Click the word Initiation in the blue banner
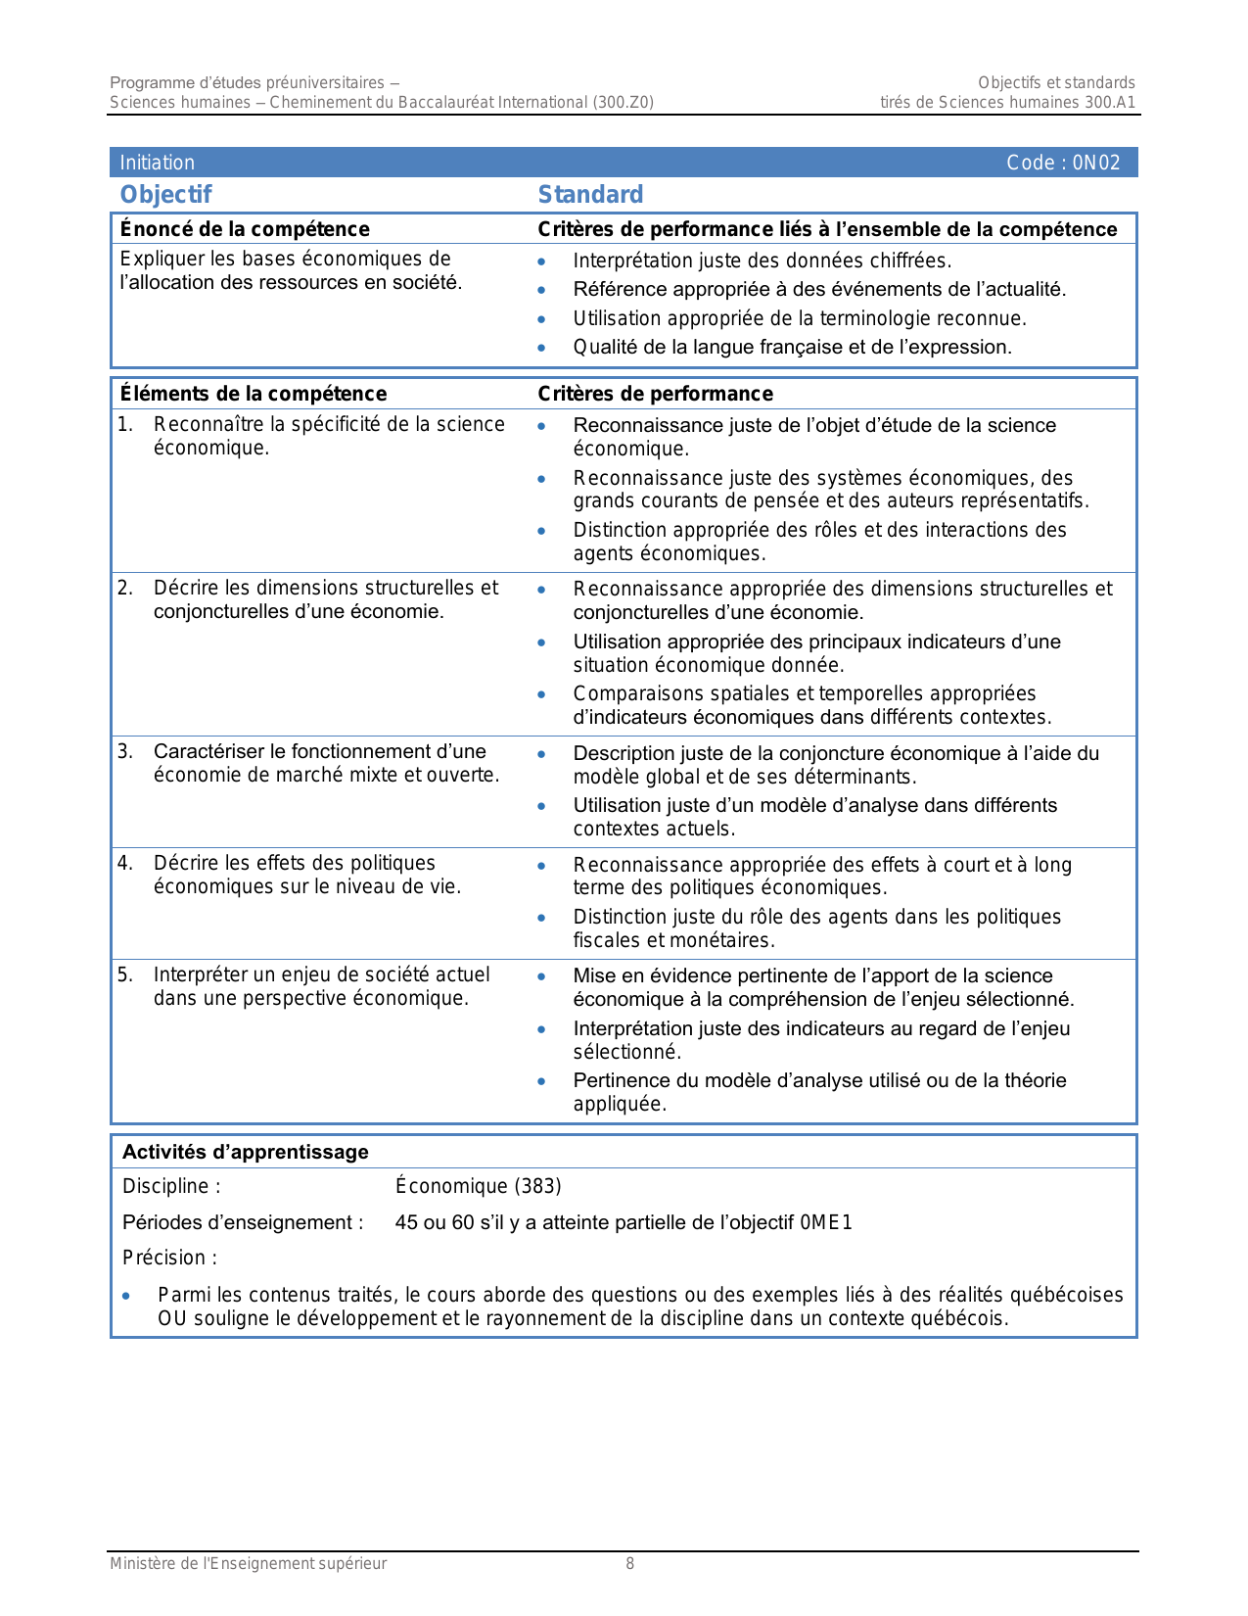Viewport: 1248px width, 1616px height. tap(158, 163)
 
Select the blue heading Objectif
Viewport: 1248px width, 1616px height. tap(165, 195)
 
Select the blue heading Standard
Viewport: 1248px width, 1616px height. tap(590, 195)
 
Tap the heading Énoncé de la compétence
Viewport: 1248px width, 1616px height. tap(245, 229)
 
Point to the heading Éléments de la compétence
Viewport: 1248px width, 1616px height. tap(254, 394)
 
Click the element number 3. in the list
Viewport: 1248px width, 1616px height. tap(125, 751)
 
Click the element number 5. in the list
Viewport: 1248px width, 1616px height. tap(125, 974)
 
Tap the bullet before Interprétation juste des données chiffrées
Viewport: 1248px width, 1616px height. tap(541, 262)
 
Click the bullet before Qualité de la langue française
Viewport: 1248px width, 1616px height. tap(541, 349)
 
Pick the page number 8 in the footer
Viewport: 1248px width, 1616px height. tap(630, 1564)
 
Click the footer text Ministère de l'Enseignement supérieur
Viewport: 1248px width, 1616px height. tap(248, 1564)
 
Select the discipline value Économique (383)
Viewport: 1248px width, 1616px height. tap(479, 1186)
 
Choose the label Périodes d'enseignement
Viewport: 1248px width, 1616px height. tap(243, 1222)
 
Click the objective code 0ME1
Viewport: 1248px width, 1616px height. tap(826, 1222)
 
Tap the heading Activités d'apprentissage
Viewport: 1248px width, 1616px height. tap(246, 1152)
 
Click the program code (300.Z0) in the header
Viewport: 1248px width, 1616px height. tap(623, 103)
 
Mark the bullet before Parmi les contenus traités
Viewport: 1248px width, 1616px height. tap(126, 1297)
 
